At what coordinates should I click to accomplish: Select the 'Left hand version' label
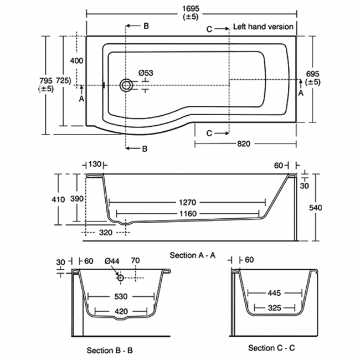point(263,27)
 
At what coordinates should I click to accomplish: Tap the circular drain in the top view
point(127,85)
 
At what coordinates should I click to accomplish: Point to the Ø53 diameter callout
point(146,74)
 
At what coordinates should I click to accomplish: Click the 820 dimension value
point(244,143)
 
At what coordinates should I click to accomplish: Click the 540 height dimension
point(315,207)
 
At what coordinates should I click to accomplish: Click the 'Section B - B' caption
point(110,350)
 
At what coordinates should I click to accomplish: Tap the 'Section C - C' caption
point(271,348)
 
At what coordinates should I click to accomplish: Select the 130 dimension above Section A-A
point(95,164)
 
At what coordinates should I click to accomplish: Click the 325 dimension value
point(274,306)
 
